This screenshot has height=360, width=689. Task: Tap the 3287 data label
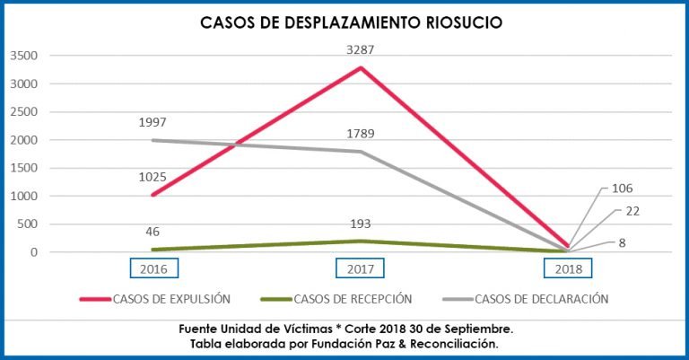361,50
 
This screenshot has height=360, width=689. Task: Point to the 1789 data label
360,134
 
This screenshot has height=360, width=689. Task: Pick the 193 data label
361,224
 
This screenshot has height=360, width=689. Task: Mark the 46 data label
153,232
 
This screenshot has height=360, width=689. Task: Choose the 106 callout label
623,189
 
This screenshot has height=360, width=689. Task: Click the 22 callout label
632,210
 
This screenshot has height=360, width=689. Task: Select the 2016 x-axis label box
153,268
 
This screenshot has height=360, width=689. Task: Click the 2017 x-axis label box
360,268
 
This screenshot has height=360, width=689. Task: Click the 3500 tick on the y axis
24,56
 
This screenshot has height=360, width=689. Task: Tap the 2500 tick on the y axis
24,112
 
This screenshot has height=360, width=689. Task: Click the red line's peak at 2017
360,67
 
